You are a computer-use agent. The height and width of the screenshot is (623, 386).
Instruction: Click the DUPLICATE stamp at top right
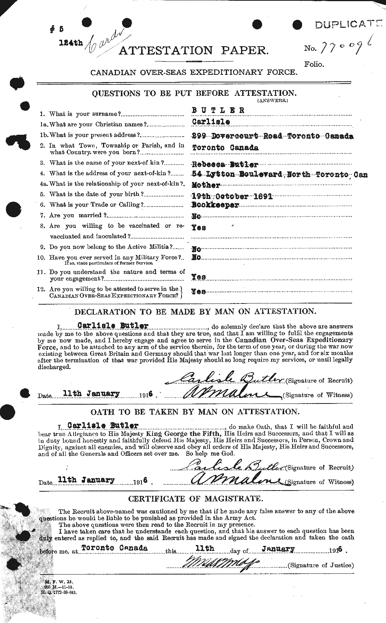[x=348, y=25]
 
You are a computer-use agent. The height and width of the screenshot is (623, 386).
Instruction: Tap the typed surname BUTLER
[x=218, y=111]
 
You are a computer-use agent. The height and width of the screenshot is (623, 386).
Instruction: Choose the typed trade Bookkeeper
[x=215, y=205]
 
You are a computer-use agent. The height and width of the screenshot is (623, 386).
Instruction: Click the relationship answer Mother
[x=206, y=185]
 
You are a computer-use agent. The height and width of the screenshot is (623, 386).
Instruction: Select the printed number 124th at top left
[x=71, y=42]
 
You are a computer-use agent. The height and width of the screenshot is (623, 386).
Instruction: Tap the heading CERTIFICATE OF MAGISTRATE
[x=195, y=499]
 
